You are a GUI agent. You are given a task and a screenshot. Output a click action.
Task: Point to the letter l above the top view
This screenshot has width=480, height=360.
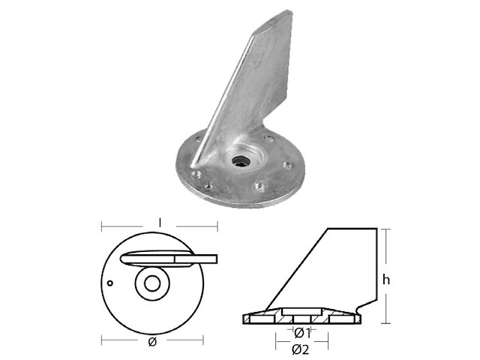coord(160,222)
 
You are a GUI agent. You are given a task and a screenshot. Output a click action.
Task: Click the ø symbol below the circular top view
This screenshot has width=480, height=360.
coord(152,342)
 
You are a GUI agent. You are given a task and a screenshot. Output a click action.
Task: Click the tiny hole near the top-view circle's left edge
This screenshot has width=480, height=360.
coord(110,283)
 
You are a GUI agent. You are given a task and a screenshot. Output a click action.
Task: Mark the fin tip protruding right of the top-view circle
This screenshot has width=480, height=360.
coord(210,259)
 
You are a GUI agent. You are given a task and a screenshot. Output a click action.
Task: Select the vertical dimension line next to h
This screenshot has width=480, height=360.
coord(387,255)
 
